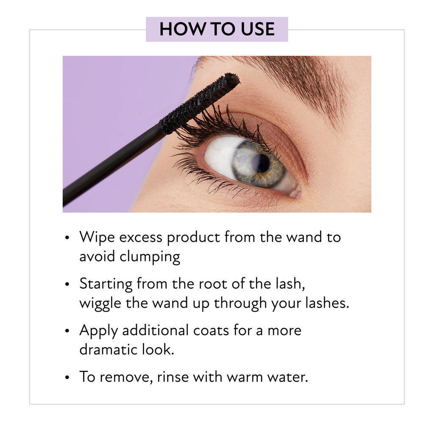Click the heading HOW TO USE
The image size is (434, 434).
[x=217, y=29]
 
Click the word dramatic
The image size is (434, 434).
[x=108, y=350]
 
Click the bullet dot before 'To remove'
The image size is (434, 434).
[x=67, y=377]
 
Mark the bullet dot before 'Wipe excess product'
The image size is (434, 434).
[x=67, y=238]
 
